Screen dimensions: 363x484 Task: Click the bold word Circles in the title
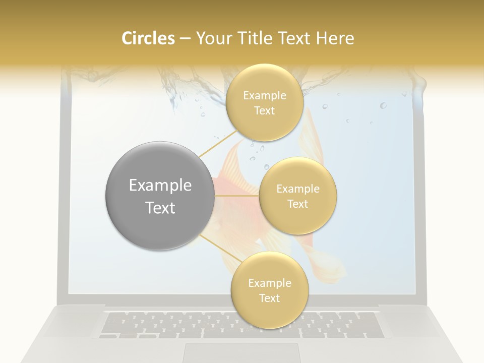(x=148, y=38)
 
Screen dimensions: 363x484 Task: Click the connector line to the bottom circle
(x=217, y=249)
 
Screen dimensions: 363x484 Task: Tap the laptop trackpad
(x=241, y=352)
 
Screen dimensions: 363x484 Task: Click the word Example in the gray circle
(x=160, y=186)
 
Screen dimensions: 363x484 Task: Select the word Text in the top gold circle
(x=264, y=111)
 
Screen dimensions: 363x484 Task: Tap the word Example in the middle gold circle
(x=297, y=189)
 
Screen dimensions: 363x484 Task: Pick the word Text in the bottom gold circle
(x=269, y=298)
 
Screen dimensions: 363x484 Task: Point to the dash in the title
(x=185, y=39)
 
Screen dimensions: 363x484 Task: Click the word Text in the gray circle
(x=160, y=208)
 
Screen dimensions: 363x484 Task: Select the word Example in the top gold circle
(x=264, y=96)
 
